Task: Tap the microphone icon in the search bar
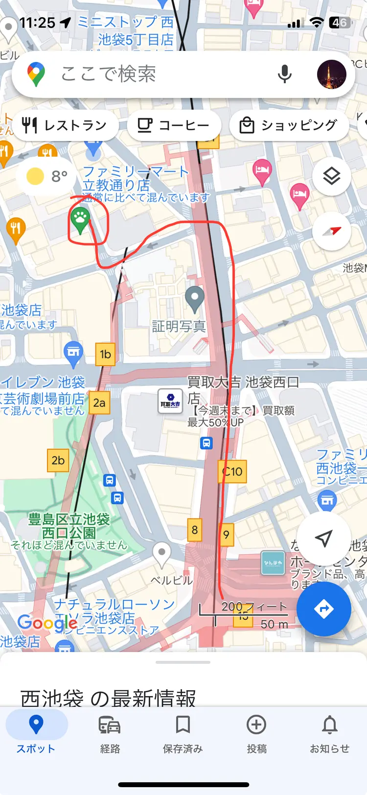tap(284, 74)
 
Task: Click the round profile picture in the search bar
tap(331, 74)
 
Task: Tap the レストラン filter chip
tap(65, 125)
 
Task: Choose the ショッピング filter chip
tap(289, 125)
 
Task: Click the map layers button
tap(331, 176)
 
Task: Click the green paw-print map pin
tap(80, 219)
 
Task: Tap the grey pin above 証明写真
tap(195, 298)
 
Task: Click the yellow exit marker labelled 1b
tap(105, 354)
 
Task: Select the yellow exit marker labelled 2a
tap(99, 403)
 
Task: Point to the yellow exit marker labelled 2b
tap(58, 460)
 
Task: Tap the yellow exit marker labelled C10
tap(232, 471)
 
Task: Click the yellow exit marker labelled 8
tap(195, 530)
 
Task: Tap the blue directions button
tap(323, 609)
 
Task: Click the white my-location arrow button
tap(323, 538)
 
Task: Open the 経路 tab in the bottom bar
tap(110, 732)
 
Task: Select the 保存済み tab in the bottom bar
tap(183, 732)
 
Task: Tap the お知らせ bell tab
tap(329, 732)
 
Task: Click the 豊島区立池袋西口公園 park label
tap(69, 526)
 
